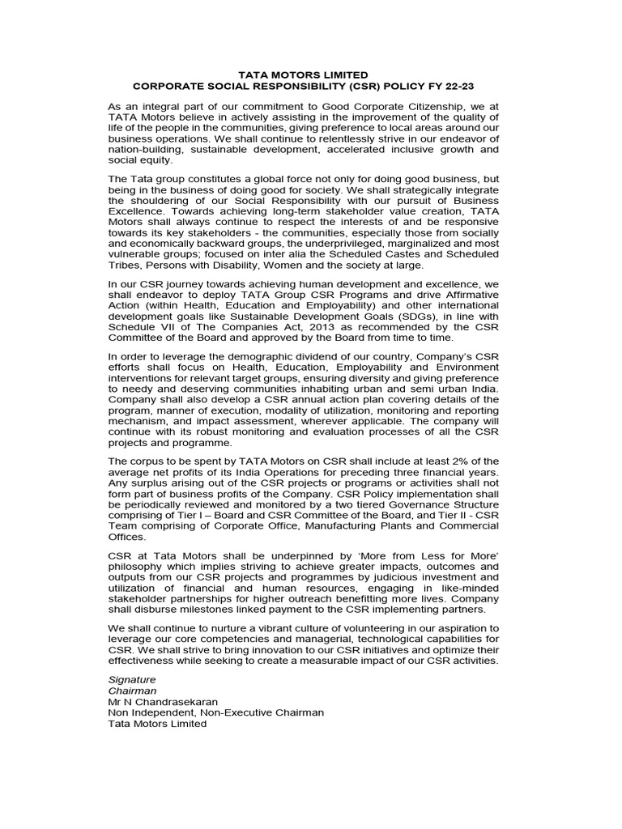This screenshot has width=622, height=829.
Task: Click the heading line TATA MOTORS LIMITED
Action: click(x=312, y=74)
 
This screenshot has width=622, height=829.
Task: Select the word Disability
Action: click(x=227, y=264)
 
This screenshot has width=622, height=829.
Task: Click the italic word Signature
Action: click(x=131, y=678)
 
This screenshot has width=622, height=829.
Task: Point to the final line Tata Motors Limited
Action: click(x=157, y=724)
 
